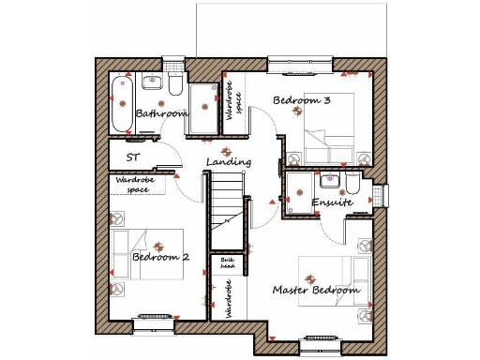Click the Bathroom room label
(x=160, y=113)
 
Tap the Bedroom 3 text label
(x=299, y=99)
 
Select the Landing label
(x=229, y=162)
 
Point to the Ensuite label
(x=332, y=202)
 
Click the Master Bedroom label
(x=316, y=291)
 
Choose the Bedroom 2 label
(x=160, y=257)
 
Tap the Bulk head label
(x=226, y=263)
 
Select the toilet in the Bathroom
(x=174, y=85)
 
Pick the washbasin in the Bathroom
(x=149, y=83)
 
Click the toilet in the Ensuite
(x=353, y=182)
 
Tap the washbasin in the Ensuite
(x=328, y=181)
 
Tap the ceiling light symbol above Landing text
(x=223, y=150)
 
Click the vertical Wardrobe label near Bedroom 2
(x=227, y=301)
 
